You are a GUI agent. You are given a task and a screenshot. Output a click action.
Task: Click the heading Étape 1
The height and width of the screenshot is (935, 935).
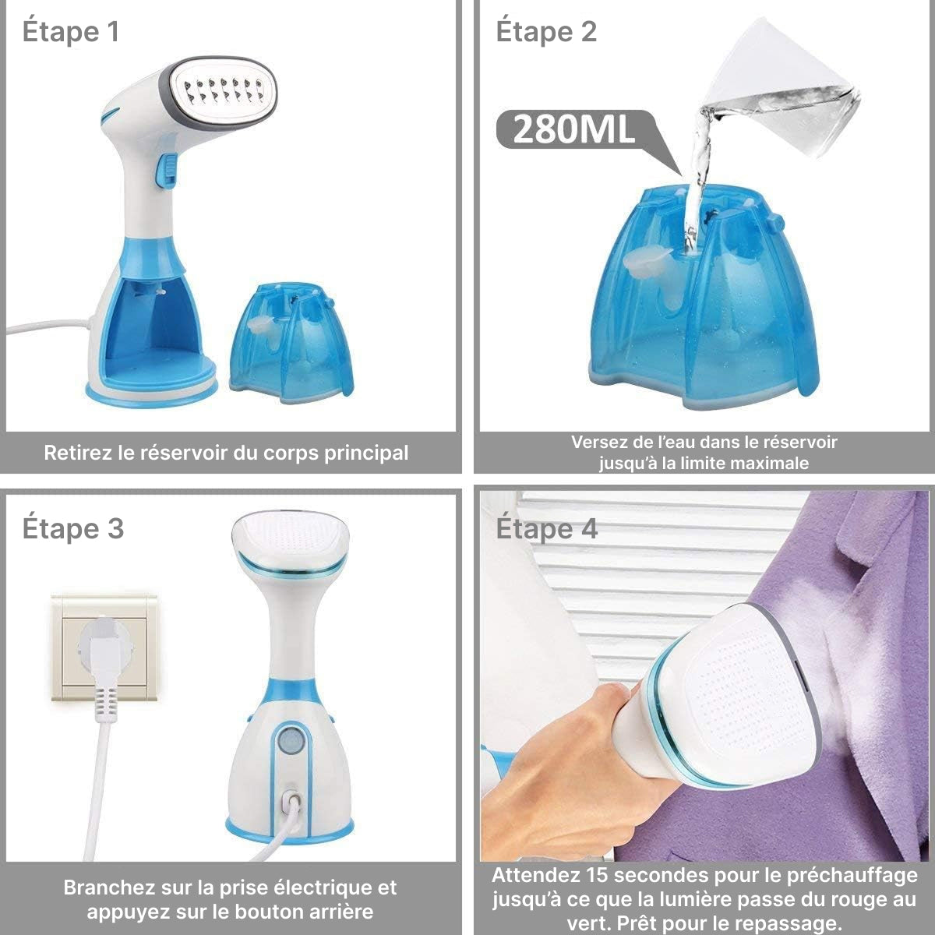(x=71, y=31)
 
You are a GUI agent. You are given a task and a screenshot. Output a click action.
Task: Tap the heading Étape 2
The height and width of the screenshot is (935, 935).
(x=546, y=31)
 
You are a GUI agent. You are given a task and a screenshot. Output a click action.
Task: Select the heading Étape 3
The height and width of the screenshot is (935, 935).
(x=73, y=528)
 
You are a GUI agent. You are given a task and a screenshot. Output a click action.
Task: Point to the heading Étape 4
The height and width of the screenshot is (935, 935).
(x=547, y=528)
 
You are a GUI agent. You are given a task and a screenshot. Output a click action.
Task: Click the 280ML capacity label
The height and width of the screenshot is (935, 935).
(x=573, y=129)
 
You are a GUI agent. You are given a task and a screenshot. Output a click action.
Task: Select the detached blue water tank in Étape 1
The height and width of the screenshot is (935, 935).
(x=292, y=344)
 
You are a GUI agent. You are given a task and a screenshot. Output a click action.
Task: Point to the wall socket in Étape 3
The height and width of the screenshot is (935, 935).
(x=104, y=647)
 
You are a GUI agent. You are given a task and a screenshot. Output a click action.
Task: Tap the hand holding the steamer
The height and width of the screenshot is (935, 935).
(x=568, y=757)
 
